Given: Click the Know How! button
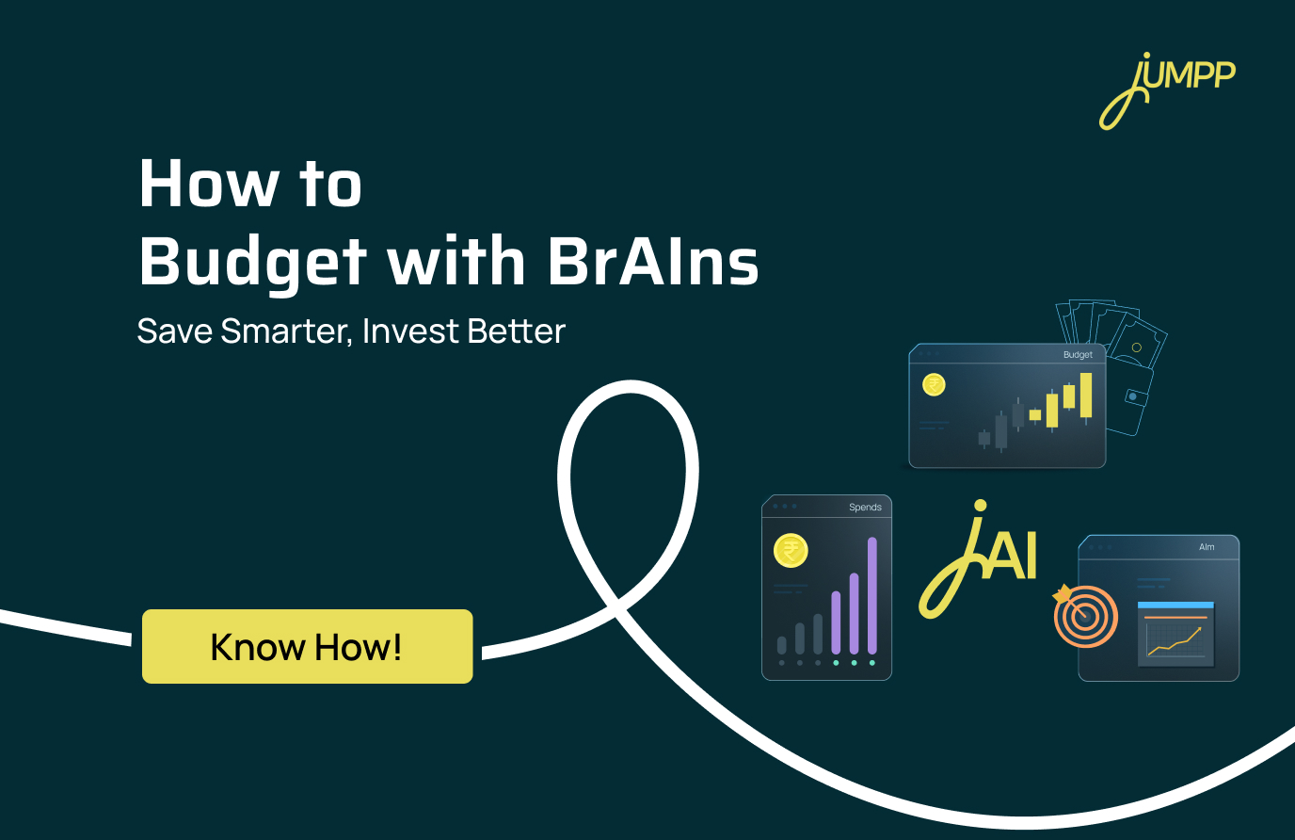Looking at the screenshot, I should [x=307, y=647].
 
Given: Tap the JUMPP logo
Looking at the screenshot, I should [x=1168, y=89].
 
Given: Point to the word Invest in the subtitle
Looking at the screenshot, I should [x=410, y=331].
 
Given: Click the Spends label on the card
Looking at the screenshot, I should [x=865, y=508].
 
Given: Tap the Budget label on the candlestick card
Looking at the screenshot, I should [x=1078, y=355].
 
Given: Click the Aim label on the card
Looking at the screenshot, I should [x=1207, y=547].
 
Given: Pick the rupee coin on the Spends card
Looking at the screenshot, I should [x=791, y=550].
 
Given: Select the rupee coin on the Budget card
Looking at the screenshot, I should [x=934, y=384].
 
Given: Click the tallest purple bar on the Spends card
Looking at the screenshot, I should [x=872, y=595].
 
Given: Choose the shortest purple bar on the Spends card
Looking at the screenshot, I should [x=836, y=622].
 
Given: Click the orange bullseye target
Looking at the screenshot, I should [x=1085, y=617].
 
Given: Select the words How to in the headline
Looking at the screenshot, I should [x=250, y=184].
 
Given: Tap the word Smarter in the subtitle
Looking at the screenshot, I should [x=286, y=331].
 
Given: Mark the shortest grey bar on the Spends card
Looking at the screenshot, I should [x=781, y=645].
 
